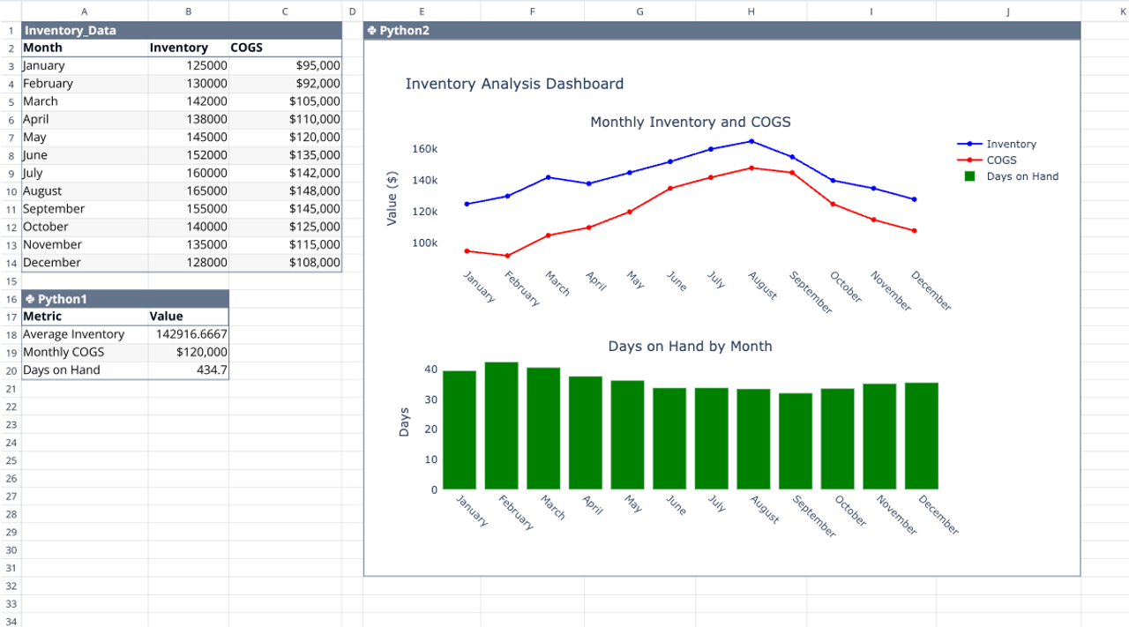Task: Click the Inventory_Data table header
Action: click(x=71, y=31)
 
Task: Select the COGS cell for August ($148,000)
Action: click(x=314, y=191)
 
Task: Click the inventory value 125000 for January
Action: click(x=206, y=66)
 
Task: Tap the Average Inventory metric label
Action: click(x=73, y=334)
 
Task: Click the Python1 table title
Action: click(x=62, y=299)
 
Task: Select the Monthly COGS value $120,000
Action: click(x=202, y=352)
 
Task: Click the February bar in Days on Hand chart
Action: click(x=502, y=426)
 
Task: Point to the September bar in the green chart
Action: click(x=796, y=441)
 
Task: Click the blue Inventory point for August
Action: click(x=751, y=141)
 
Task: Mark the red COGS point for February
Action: click(x=507, y=256)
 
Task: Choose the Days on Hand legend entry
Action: click(x=1021, y=176)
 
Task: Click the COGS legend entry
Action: click(x=1000, y=160)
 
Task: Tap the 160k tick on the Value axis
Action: click(x=425, y=149)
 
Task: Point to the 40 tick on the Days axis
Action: click(x=430, y=369)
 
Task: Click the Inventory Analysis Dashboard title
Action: click(x=514, y=84)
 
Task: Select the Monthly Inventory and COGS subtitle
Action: click(x=690, y=122)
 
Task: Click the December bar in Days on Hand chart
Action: click(x=922, y=436)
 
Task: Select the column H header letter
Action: click(x=751, y=11)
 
